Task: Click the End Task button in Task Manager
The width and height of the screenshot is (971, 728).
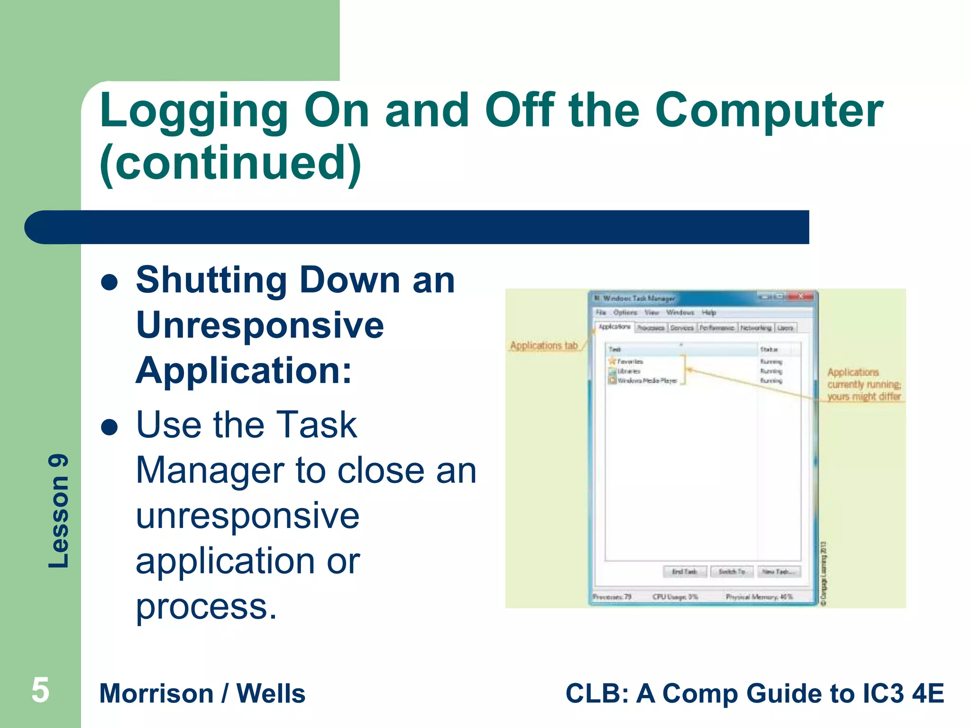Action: coord(685,572)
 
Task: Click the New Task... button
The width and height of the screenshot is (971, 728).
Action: coord(778,572)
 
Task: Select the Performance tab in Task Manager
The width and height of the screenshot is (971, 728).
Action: coord(716,328)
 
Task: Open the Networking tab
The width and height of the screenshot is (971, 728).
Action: coord(756,328)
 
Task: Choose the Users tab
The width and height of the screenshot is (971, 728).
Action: coord(785,328)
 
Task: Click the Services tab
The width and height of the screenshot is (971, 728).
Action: coord(682,328)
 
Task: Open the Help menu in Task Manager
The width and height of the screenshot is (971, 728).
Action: coord(709,313)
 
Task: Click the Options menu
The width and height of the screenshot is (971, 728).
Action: coord(625,313)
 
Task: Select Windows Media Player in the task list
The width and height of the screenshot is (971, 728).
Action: coord(647,381)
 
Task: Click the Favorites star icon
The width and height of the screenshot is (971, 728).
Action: coord(612,361)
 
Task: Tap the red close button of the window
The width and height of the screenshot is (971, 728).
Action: coord(801,297)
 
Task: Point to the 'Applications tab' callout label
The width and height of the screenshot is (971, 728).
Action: coord(544,346)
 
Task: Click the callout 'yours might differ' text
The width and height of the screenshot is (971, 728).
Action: coord(864,397)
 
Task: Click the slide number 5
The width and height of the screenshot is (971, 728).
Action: coord(40,690)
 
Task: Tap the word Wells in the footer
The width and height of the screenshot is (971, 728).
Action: coord(271,693)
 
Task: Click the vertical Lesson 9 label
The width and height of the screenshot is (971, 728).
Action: coord(59,511)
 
